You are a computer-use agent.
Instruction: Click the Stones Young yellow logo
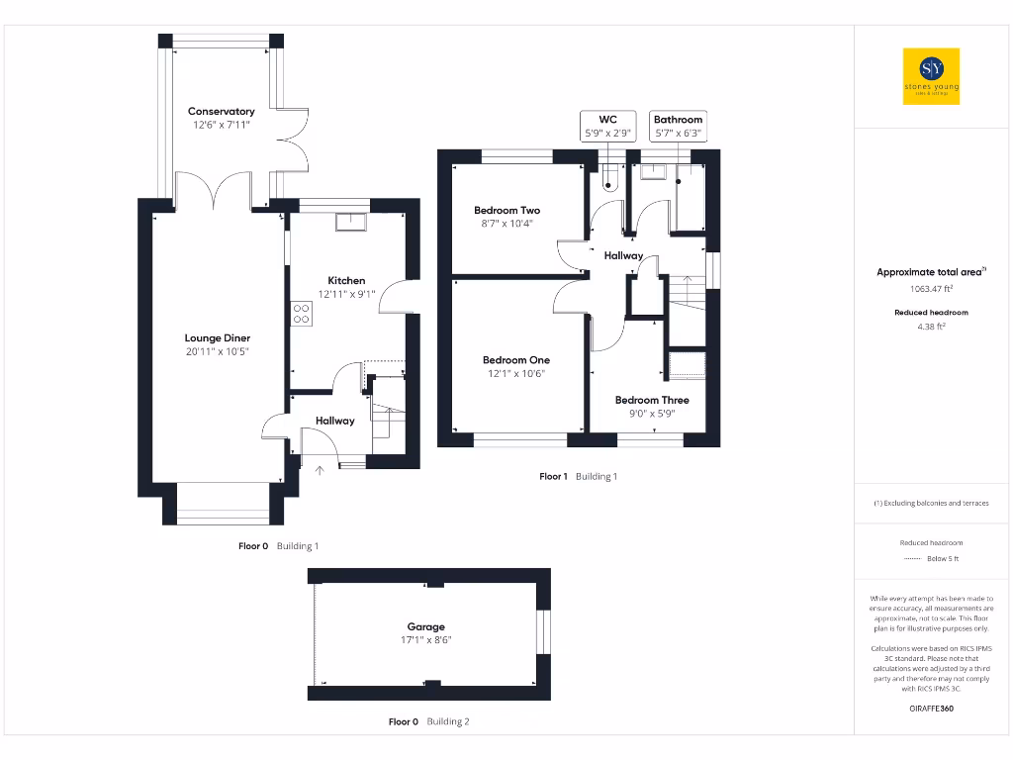click(x=932, y=76)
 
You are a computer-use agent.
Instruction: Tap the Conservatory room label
click(x=222, y=112)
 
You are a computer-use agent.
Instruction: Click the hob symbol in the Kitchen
click(x=301, y=313)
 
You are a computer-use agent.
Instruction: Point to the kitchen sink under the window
click(x=350, y=222)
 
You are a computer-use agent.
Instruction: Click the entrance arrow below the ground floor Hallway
click(x=319, y=470)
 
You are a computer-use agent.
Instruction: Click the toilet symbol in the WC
click(x=609, y=179)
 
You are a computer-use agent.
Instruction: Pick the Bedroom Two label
click(x=506, y=210)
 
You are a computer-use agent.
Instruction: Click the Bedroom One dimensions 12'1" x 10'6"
click(x=514, y=374)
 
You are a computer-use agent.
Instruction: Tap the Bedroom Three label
click(x=652, y=400)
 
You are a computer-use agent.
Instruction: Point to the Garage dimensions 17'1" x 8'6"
click(x=426, y=640)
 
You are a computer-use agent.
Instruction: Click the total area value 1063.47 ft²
click(x=931, y=289)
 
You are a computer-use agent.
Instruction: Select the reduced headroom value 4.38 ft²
click(x=931, y=326)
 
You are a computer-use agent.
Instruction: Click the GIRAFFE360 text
click(x=931, y=709)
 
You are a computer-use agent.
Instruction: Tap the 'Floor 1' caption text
click(x=553, y=476)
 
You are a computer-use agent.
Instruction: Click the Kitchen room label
click(x=346, y=280)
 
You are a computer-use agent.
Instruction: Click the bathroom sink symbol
click(x=653, y=172)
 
